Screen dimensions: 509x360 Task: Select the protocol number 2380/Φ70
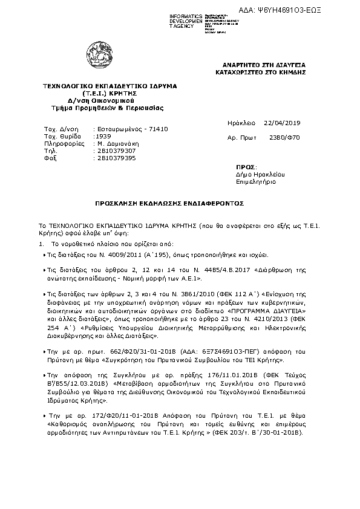[x=288, y=138]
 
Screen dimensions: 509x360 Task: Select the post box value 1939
[x=103, y=137]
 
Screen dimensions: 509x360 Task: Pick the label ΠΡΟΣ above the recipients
[x=246, y=166]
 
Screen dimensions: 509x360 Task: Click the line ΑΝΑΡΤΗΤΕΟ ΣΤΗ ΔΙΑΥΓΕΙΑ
[x=264, y=65]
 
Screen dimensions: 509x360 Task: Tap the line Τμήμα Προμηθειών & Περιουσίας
[x=108, y=108]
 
